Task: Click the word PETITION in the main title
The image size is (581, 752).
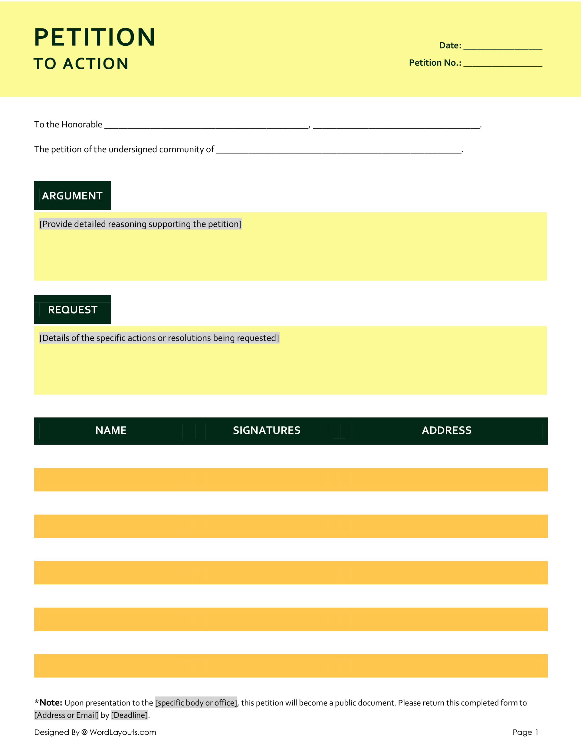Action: pyautogui.click(x=95, y=37)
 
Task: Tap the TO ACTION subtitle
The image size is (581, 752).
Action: pyautogui.click(x=81, y=64)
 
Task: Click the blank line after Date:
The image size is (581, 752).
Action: pyautogui.click(x=503, y=47)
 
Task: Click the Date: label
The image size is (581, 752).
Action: pyautogui.click(x=450, y=45)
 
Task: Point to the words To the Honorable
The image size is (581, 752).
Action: pyautogui.click(x=68, y=124)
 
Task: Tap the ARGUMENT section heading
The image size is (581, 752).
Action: pyautogui.click(x=72, y=195)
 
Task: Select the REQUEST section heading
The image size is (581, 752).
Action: pyautogui.click(x=73, y=310)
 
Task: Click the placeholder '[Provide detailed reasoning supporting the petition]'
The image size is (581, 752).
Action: pyautogui.click(x=140, y=224)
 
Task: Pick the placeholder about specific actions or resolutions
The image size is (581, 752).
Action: pyautogui.click(x=159, y=338)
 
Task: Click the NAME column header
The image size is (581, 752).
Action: pyautogui.click(x=111, y=430)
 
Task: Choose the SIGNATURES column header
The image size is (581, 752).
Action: pyautogui.click(x=267, y=430)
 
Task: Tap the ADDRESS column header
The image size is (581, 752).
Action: pyautogui.click(x=447, y=430)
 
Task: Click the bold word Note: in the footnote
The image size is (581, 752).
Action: pyautogui.click(x=51, y=702)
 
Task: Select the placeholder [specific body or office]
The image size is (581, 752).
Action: pyautogui.click(x=196, y=702)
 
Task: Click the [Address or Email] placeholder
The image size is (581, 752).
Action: pyautogui.click(x=67, y=715)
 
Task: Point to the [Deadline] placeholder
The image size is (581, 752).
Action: pyautogui.click(x=130, y=715)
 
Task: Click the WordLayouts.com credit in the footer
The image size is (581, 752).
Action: pyautogui.click(x=123, y=732)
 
